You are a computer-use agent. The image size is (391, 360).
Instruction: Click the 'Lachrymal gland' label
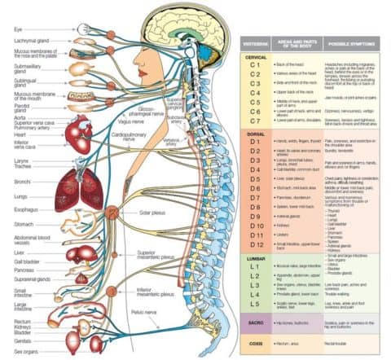(30, 41)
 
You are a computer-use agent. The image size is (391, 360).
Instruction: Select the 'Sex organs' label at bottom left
(26, 351)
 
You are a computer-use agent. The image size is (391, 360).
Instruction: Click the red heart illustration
(79, 134)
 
